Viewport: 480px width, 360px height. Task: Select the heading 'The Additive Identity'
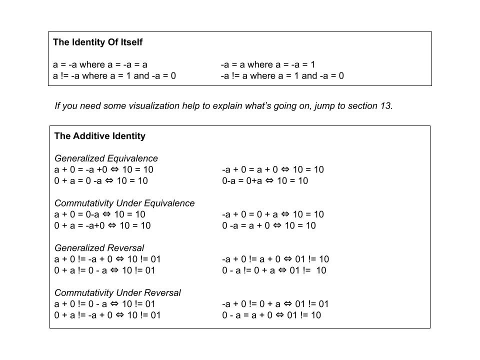pos(99,136)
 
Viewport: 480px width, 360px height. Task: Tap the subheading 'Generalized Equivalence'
pos(106,158)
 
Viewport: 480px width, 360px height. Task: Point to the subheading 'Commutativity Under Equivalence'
pos(124,203)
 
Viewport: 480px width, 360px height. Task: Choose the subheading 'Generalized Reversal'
pos(99,248)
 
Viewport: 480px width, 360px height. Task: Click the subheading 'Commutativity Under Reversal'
pos(117,292)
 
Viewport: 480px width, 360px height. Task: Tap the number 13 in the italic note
pos(386,106)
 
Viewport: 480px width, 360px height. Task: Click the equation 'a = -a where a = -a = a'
pos(100,64)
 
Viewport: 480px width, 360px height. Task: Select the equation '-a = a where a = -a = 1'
pos(268,64)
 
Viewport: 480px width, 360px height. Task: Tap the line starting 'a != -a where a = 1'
pos(114,76)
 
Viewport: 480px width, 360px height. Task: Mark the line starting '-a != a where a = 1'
pos(282,76)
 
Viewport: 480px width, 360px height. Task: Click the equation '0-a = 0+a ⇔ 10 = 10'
pos(265,181)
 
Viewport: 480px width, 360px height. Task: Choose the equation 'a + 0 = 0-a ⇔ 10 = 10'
pos(100,214)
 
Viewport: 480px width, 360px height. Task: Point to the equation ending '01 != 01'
pos(275,304)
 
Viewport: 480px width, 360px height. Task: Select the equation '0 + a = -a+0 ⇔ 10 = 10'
pos(102,225)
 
